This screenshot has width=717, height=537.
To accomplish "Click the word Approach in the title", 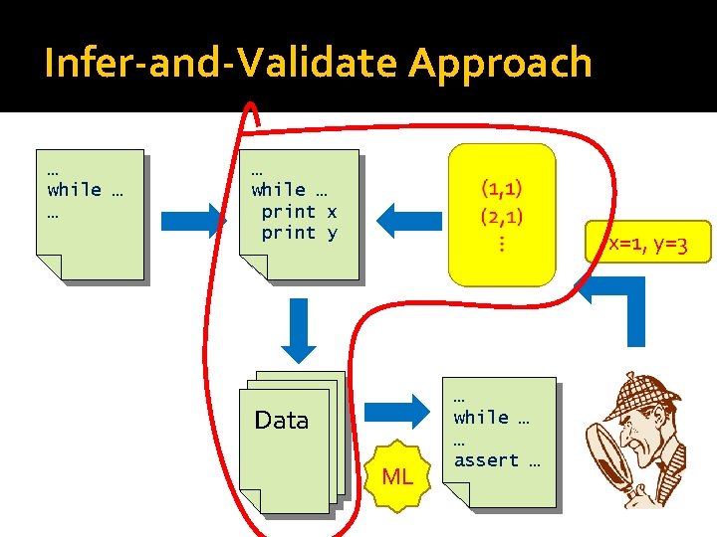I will [500, 65].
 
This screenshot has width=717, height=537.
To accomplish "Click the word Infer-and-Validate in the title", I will [220, 65].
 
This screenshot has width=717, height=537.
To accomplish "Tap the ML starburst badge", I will [397, 476].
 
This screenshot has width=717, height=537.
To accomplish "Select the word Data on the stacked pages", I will [282, 421].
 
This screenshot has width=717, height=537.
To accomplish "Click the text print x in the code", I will [299, 211].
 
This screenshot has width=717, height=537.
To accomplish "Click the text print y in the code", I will [299, 233].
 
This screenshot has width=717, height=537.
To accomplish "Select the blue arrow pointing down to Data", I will [298, 329].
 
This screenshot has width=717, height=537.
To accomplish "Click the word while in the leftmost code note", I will [75, 189].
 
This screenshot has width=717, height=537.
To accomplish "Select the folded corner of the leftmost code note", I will [50, 267].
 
